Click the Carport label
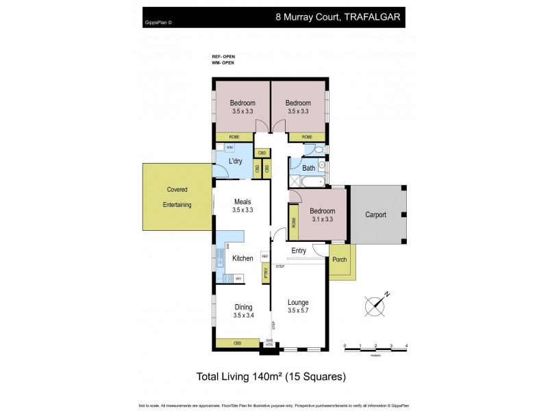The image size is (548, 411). coord(375,214)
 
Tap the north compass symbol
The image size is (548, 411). coord(375,304)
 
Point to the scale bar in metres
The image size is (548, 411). coord(376,349)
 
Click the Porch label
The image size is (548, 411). coord(339,260)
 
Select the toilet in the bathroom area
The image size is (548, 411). coord(311,149)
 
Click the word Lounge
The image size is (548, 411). coord(298,302)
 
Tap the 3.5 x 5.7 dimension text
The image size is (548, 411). coord(298,311)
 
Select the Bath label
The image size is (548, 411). coord(309,168)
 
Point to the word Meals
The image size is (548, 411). coord(243,201)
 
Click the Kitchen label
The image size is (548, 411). coord(242,258)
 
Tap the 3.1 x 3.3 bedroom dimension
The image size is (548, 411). coord(322,219)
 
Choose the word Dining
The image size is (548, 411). coord(243,307)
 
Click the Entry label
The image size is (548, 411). coord(299,251)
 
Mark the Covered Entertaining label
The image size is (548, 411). coord(177,197)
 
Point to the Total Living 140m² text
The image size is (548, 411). coord(271,377)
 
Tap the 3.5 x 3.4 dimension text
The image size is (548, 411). coord(243,316)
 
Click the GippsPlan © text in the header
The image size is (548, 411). coord(159,22)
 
